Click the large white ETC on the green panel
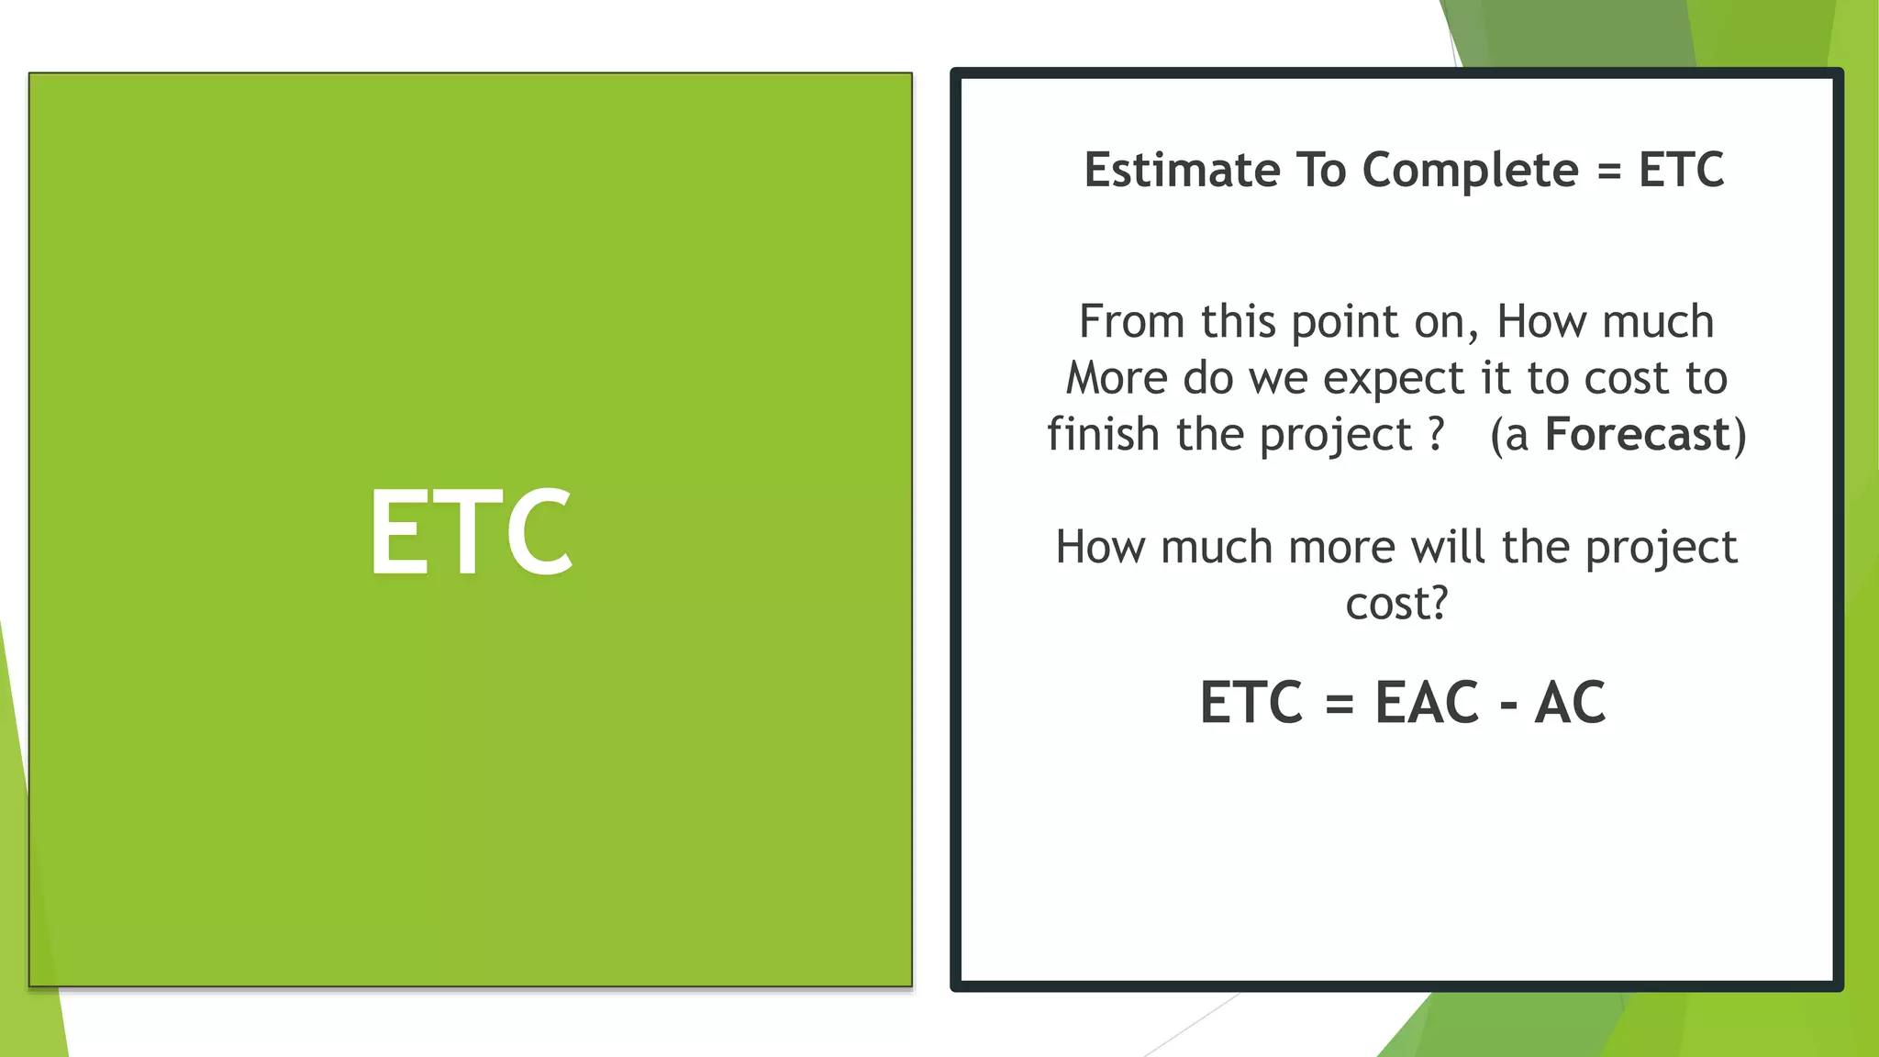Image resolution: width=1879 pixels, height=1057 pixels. (x=471, y=531)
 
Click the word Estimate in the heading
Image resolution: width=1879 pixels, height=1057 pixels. (x=1181, y=170)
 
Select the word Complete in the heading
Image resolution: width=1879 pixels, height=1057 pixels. (x=1470, y=172)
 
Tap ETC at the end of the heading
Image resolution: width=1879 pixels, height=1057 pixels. (x=1681, y=170)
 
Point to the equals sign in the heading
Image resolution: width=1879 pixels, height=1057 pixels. (x=1609, y=172)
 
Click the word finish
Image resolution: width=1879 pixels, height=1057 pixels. (x=1104, y=434)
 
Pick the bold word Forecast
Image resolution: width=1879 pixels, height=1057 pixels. (x=1637, y=434)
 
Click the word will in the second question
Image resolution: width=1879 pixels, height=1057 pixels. (x=1448, y=547)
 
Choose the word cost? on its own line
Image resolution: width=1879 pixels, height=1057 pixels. (x=1396, y=604)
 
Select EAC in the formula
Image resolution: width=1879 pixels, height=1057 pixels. (x=1427, y=703)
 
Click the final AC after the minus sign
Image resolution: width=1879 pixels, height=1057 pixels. (x=1570, y=703)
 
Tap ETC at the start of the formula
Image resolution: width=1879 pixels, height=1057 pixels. (x=1251, y=703)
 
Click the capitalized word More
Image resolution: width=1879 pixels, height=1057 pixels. (x=1117, y=378)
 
